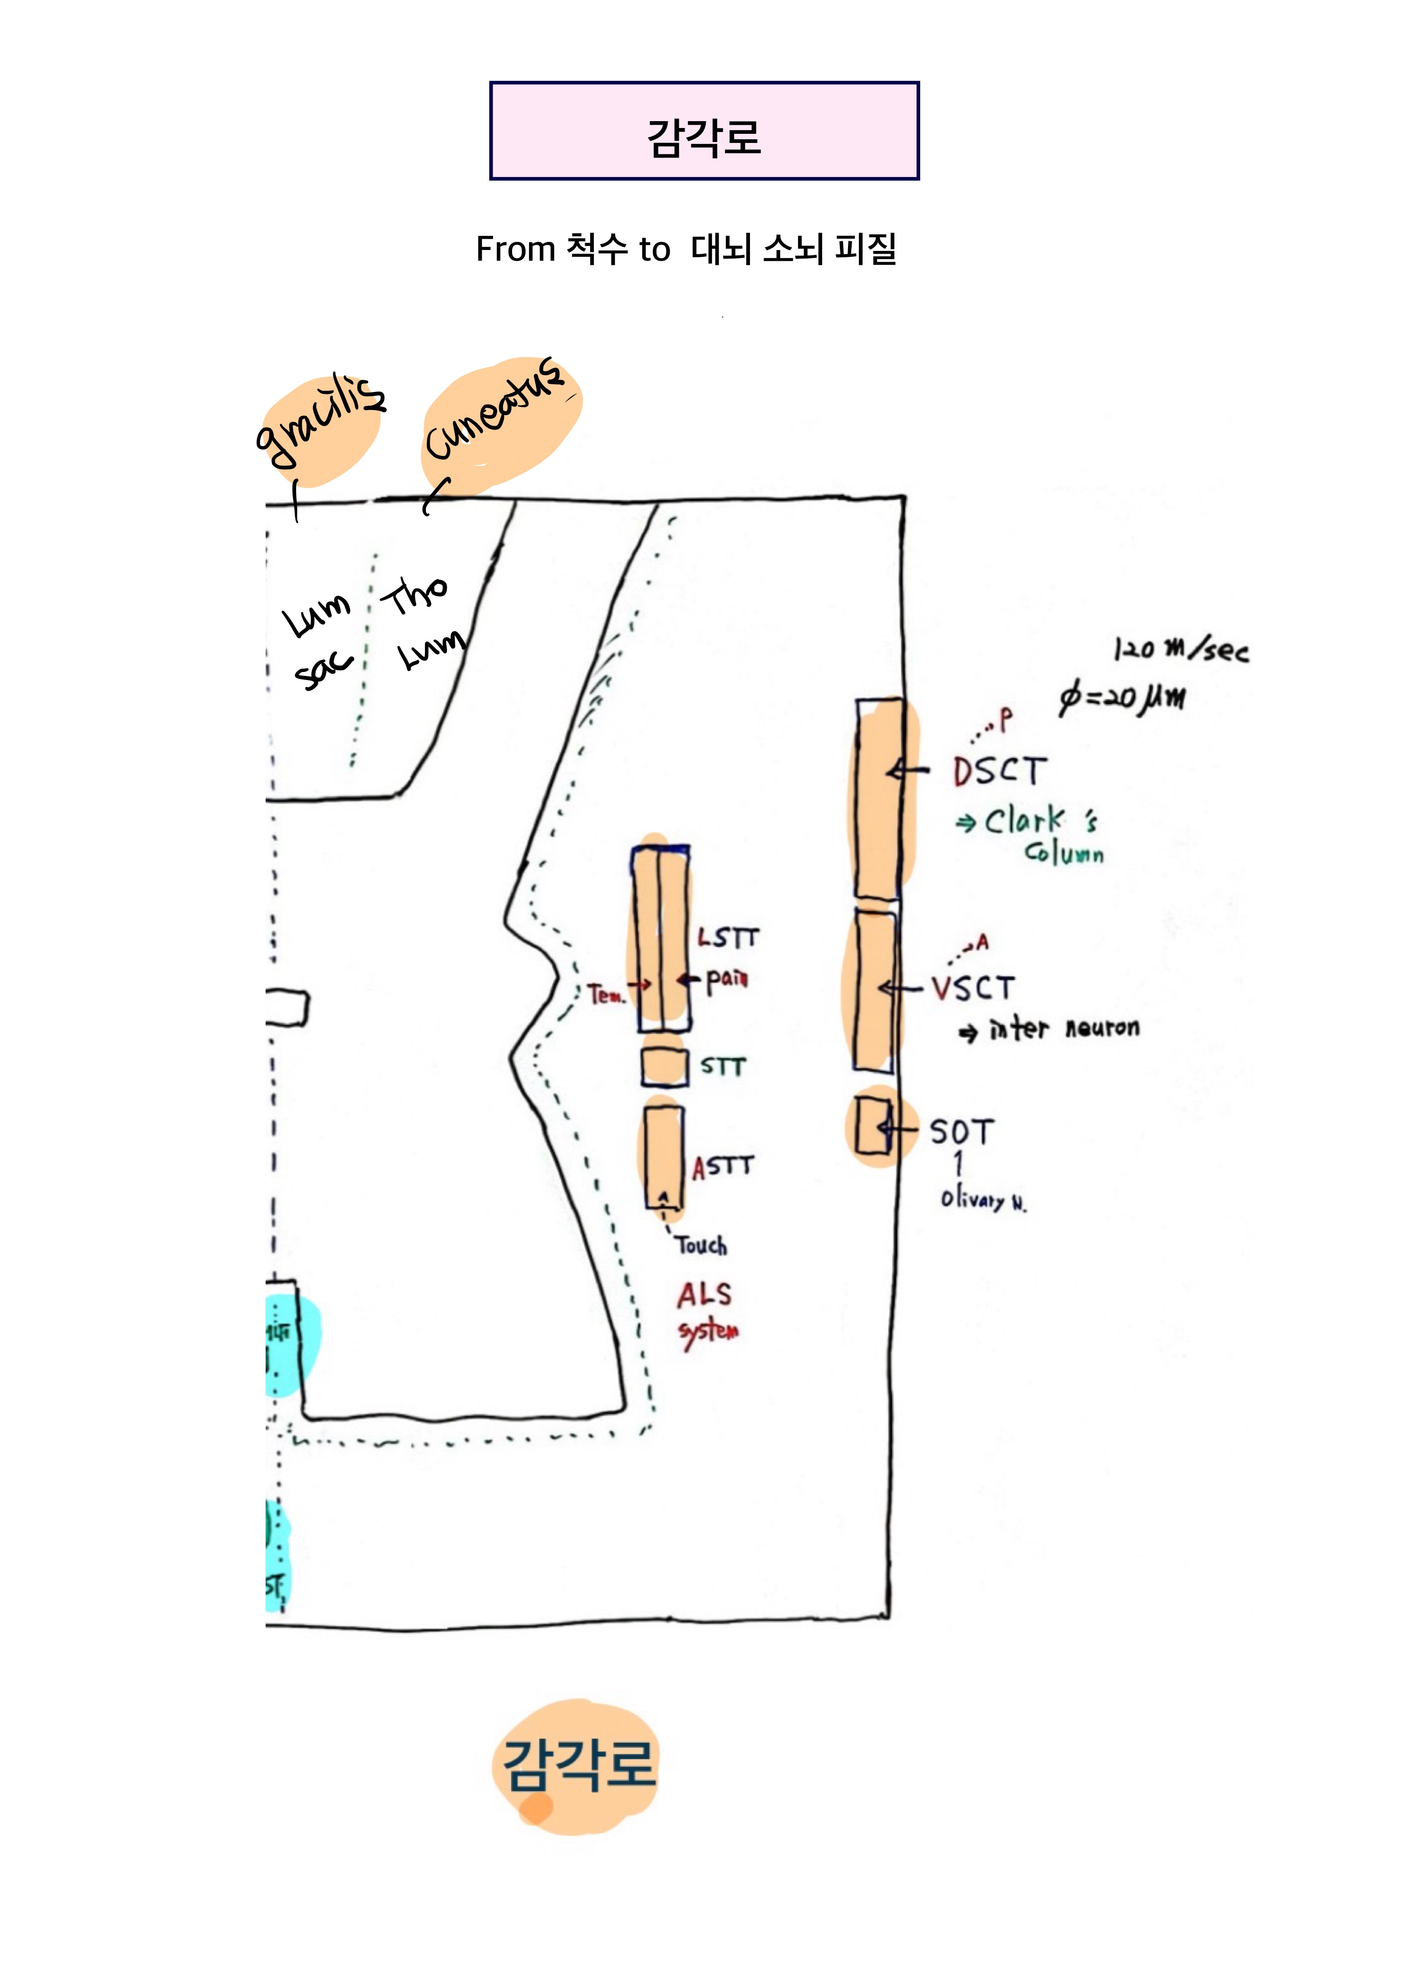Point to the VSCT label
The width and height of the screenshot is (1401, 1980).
click(x=973, y=988)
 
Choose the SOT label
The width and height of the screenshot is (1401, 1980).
click(x=961, y=1132)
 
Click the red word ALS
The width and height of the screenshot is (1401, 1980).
click(x=704, y=1295)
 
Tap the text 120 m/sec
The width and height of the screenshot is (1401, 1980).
click(x=1180, y=649)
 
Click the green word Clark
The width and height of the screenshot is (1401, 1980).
click(x=1025, y=821)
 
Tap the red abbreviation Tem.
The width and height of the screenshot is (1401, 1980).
click(x=606, y=995)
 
